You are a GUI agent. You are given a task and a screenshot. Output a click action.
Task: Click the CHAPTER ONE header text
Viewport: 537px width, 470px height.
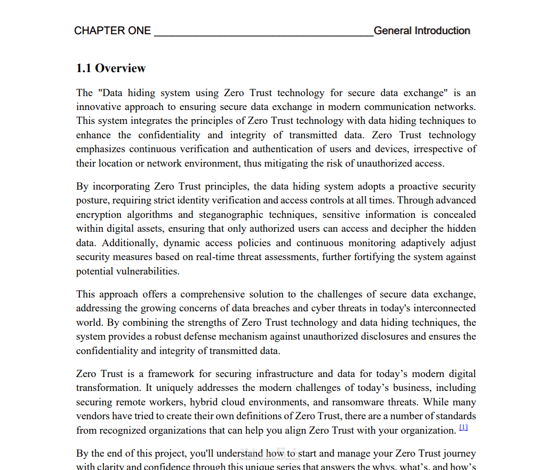tap(113, 31)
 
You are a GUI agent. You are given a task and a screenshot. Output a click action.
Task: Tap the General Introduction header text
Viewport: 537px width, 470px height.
tap(422, 31)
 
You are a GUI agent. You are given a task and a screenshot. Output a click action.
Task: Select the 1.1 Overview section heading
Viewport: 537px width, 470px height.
tap(111, 68)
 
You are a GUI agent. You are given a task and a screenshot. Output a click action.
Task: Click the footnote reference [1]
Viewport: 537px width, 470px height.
tap(463, 428)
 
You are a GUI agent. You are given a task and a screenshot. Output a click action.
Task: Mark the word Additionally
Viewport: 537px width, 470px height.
tap(129, 243)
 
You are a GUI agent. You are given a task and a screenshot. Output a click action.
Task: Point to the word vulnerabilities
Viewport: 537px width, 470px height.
tap(143, 271)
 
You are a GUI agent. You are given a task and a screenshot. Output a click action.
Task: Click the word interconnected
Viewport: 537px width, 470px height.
tap(439, 308)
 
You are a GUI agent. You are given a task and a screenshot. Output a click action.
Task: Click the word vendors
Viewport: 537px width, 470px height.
tap(92, 416)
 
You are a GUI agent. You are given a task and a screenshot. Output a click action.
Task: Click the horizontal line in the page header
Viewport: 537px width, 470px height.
tap(263, 35)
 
